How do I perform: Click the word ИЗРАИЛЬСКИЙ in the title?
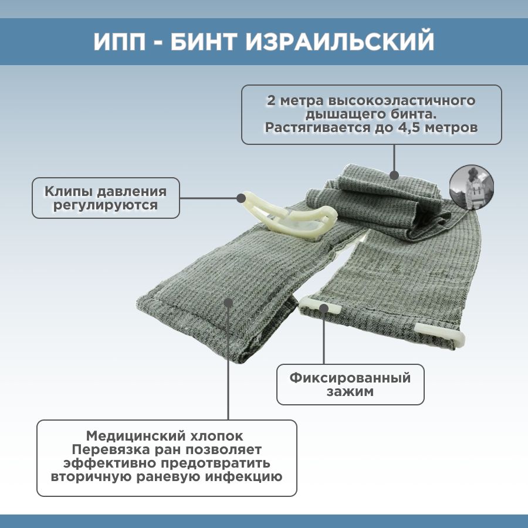pos(340,42)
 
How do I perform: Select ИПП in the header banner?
pos(120,42)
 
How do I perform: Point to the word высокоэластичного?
pos(401,101)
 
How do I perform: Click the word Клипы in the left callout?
pos(69,192)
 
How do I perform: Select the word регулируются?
pos(106,205)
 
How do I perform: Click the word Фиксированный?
pos(350,378)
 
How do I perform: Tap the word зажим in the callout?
pos(350,392)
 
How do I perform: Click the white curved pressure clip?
pos(289,215)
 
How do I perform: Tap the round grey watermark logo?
pos(472,187)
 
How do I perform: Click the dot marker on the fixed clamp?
pos(324,308)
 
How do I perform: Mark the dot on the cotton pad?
pos(229,303)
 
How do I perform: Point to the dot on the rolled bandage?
pos(394,175)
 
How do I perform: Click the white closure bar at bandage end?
pos(441,334)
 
